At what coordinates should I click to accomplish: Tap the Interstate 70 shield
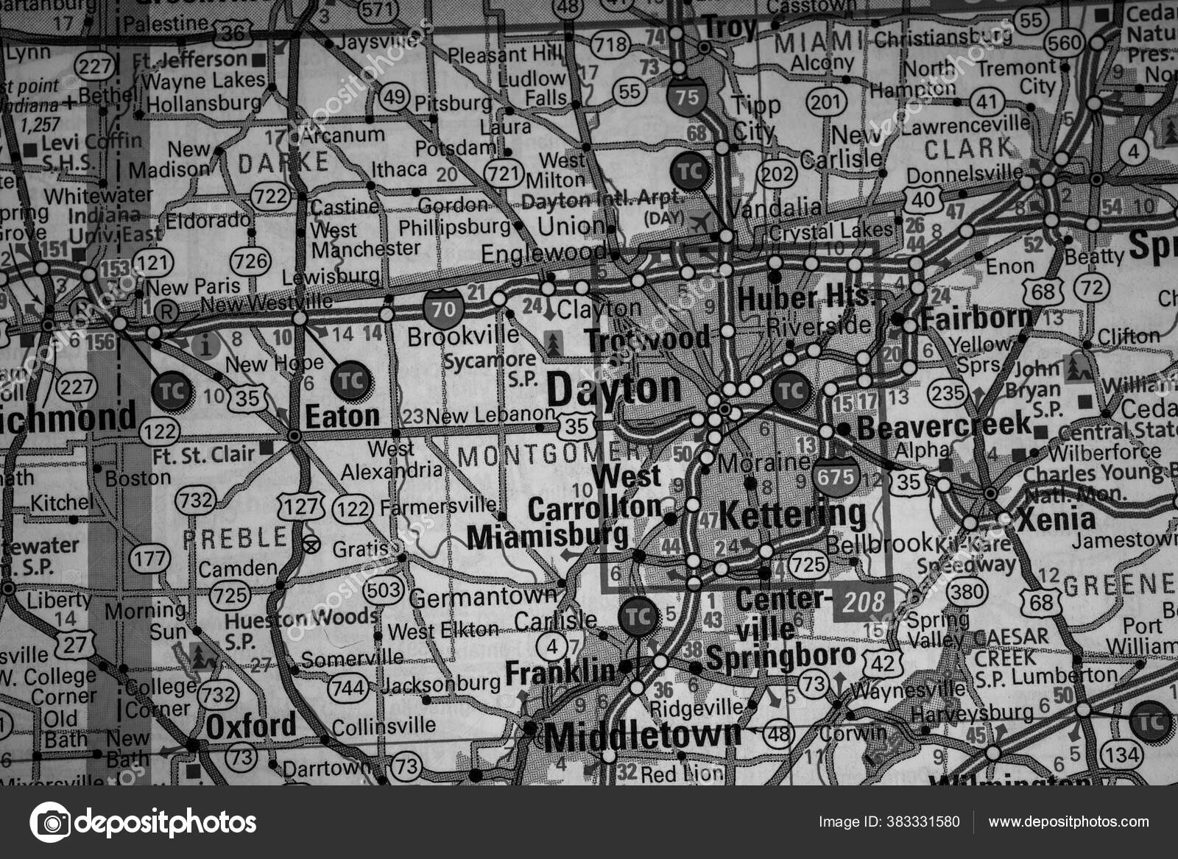point(443,309)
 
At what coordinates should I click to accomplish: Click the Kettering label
point(792,515)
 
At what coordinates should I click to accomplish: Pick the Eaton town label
point(342,417)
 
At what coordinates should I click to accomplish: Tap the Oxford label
point(250,727)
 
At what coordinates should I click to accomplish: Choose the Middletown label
point(643,735)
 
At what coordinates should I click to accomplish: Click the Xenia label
point(1057,520)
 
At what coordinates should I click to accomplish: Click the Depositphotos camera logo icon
point(49,821)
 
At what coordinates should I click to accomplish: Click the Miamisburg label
point(548,537)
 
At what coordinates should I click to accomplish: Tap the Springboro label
point(781,657)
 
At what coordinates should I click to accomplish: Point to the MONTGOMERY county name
point(551,456)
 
